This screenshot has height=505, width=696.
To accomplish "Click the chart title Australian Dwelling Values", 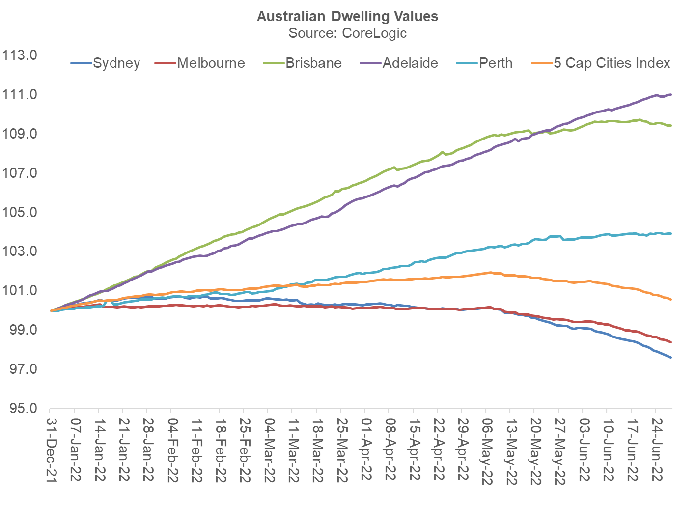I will pos(347,16).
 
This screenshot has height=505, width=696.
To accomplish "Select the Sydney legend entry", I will pos(116,63).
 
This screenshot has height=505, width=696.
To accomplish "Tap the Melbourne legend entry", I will pos(211,63).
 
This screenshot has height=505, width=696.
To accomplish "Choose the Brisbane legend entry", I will pos(313,63).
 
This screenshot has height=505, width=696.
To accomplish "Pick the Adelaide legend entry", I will pos(410,63).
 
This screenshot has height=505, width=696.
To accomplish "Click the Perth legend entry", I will pos(496,63).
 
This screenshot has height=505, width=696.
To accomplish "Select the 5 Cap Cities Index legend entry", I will pos(612,63).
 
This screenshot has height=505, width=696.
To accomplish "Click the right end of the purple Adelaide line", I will pos(671,94).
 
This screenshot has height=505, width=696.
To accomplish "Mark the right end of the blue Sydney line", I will pos(671,357).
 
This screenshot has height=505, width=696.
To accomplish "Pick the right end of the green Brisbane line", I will pos(671,126).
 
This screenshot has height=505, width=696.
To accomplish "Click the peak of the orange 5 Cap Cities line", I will pos(490,272).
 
